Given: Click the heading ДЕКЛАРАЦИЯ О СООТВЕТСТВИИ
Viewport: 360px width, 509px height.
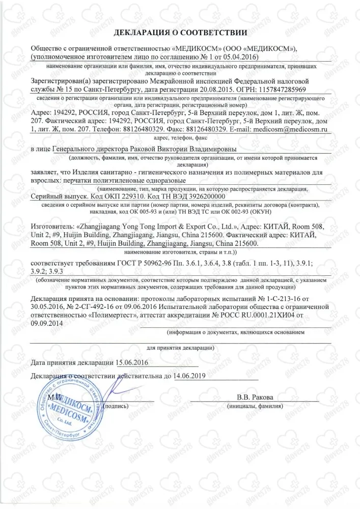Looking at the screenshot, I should [180, 33].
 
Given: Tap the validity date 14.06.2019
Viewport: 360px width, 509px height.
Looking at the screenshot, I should [189, 377].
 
